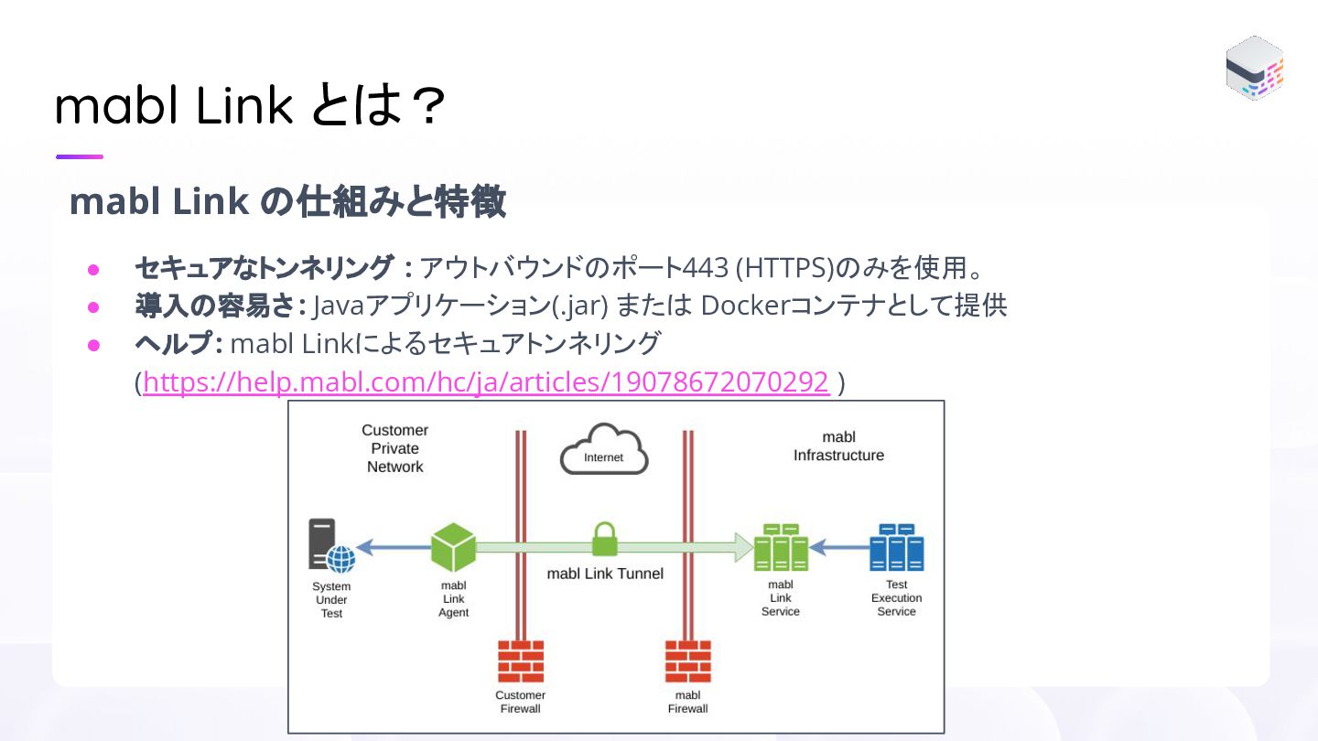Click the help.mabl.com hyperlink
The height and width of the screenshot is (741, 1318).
pos(486,381)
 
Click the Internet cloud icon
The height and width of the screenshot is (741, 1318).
pos(604,450)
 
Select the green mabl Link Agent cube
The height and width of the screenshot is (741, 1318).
pos(453,548)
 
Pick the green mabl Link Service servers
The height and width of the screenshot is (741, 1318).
pos(781,548)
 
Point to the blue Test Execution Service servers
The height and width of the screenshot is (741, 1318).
pos(896,548)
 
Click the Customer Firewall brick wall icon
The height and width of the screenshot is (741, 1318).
pos(521,661)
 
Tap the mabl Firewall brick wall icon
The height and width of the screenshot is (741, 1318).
pos(688,661)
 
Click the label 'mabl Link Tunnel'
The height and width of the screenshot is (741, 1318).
pos(605,574)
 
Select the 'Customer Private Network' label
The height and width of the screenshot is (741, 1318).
pos(395,448)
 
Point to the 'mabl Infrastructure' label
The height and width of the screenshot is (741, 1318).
pos(838,446)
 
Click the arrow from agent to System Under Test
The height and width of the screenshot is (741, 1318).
pos(393,548)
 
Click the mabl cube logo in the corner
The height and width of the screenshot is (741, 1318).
pos(1255,68)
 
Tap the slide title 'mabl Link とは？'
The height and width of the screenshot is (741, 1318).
pos(250,106)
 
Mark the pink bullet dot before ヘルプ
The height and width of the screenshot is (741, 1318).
pos(92,345)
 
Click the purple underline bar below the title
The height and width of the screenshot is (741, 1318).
pos(80,156)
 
